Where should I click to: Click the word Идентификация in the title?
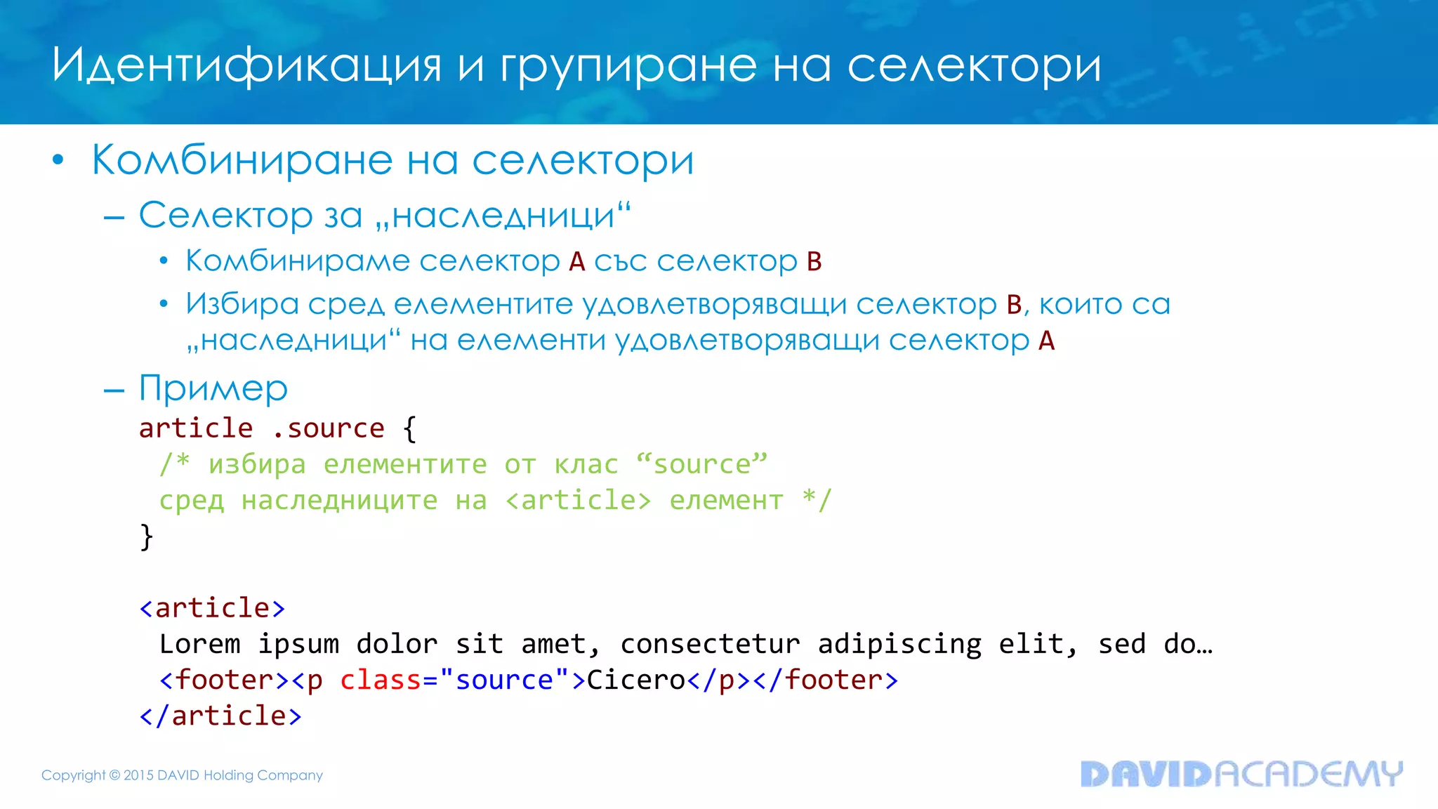point(246,65)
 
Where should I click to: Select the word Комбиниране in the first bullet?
point(242,160)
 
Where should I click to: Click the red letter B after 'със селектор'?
point(814,261)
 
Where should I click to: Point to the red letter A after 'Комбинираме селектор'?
point(576,261)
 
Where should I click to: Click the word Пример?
point(213,388)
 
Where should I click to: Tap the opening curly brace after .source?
point(410,428)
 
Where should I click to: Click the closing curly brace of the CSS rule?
point(147,537)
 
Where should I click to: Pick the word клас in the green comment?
point(586,464)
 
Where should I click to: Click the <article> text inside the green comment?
point(578,501)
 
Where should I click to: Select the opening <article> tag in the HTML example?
point(213,608)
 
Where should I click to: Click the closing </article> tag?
point(221,716)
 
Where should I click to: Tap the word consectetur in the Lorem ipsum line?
point(710,644)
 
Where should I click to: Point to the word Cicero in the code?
point(635,680)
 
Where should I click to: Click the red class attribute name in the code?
point(380,680)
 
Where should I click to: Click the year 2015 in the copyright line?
point(138,775)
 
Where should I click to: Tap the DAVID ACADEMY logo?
point(1241,774)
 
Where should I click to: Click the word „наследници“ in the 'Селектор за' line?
point(503,215)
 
